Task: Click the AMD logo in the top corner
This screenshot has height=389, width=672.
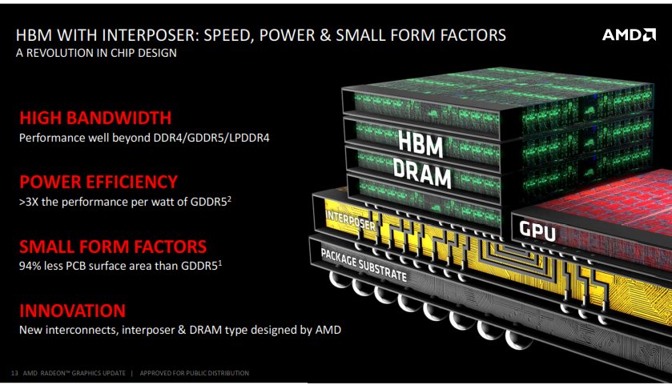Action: point(629,34)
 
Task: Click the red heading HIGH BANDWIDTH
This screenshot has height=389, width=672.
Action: point(95,118)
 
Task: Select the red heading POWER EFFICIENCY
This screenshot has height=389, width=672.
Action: point(99,182)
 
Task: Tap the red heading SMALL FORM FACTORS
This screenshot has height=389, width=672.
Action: point(113,247)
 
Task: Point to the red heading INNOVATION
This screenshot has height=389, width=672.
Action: point(72,311)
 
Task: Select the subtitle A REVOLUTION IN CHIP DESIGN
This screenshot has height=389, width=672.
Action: point(96,53)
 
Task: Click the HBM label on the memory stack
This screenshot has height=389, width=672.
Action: point(421,143)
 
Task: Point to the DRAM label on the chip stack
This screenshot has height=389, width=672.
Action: point(423,173)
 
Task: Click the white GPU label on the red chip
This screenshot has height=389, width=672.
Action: point(537,231)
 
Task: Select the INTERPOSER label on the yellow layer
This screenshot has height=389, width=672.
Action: point(351,221)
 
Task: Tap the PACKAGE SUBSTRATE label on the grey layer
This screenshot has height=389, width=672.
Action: point(364,265)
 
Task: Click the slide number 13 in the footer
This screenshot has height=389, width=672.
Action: point(14,373)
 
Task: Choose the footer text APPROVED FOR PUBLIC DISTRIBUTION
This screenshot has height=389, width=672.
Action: point(194,373)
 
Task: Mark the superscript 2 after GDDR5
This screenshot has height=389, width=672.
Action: point(229,199)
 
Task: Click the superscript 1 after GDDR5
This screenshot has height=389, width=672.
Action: point(220,263)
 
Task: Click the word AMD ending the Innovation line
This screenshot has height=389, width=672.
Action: point(328,330)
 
